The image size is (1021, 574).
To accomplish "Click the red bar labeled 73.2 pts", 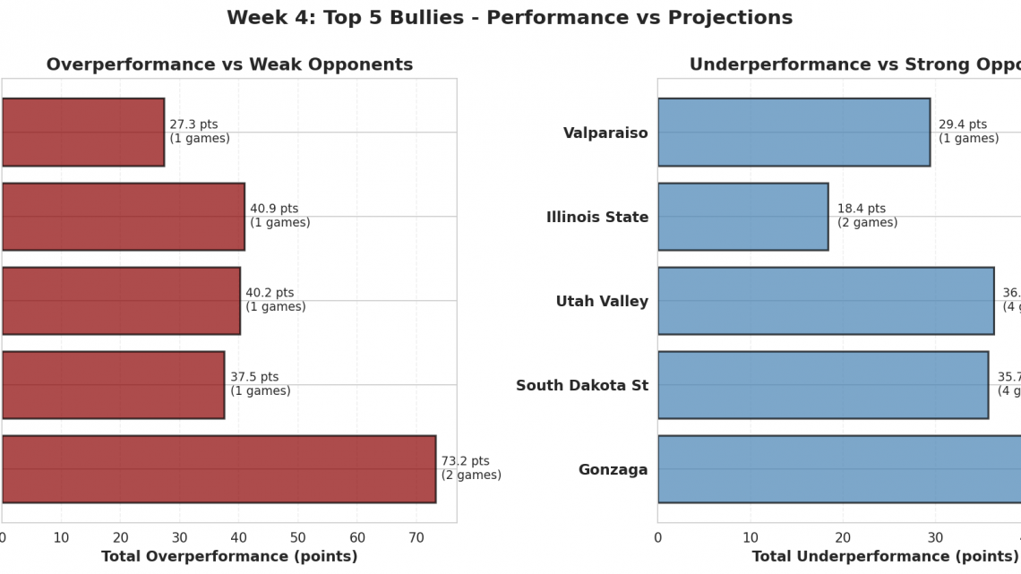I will (x=219, y=469).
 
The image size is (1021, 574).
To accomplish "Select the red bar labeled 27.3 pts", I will (x=82, y=133).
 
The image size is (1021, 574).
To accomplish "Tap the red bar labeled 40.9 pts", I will (x=123, y=217).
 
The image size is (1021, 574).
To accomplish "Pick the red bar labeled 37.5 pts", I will (x=113, y=385).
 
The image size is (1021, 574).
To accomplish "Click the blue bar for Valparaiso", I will (x=794, y=133).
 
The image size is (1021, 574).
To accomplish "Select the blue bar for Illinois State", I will (x=742, y=217).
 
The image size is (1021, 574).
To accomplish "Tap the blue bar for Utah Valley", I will (x=826, y=301).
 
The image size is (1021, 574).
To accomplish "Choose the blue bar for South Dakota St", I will (x=823, y=385).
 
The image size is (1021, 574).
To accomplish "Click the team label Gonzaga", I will (x=613, y=470).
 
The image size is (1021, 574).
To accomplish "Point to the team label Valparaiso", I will (x=605, y=133).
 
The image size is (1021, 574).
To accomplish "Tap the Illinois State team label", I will (x=597, y=218).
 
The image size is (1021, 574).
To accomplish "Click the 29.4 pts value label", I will (x=963, y=125).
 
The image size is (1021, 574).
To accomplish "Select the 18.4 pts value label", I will (x=862, y=210).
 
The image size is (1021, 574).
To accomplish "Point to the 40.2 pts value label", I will (x=270, y=294).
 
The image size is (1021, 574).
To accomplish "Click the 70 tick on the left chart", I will (x=416, y=538).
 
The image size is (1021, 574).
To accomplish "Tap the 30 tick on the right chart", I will (x=935, y=538).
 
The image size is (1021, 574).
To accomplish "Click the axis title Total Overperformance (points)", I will (x=229, y=557).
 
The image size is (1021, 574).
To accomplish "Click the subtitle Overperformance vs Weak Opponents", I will (x=229, y=64).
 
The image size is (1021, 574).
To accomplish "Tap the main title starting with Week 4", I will (x=510, y=18).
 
